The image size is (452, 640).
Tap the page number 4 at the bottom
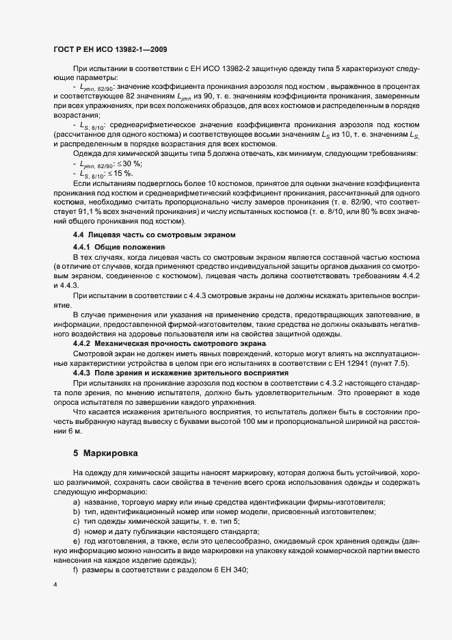(x=55, y=585)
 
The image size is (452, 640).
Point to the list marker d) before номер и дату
(x=76, y=531)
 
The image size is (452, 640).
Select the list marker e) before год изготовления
(x=76, y=541)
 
